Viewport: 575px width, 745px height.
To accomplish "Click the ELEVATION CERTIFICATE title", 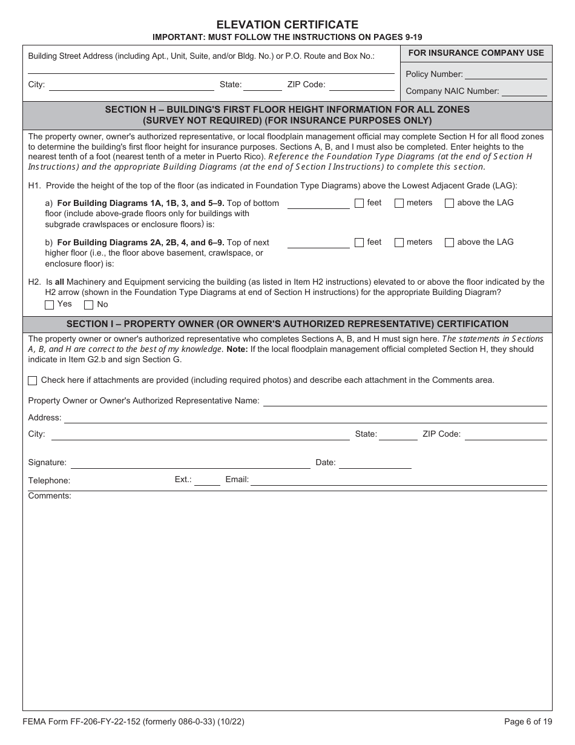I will coord(287,25).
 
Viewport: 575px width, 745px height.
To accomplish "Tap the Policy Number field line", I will coord(506,75).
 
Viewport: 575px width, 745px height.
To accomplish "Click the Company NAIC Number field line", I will coord(524,92).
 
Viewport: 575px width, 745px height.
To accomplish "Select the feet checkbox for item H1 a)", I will coord(359,204).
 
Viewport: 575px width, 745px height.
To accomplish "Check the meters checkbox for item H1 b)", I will coord(399,242).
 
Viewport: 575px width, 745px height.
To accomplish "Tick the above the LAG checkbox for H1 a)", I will coord(449,204).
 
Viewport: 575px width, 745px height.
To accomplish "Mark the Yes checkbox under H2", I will coord(50,305).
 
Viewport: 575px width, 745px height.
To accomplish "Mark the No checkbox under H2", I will coord(88,305).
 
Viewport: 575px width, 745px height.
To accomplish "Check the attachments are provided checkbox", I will coord(33,381).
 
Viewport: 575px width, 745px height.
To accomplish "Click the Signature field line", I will coord(191,463).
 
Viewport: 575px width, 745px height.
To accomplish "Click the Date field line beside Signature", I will coord(375,463).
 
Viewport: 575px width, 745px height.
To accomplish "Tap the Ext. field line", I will coord(208,480).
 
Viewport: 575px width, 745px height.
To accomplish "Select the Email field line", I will coord(399,480).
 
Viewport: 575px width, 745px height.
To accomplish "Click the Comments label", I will coord(50,496).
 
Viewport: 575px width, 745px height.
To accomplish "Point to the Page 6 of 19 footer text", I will coord(528,721).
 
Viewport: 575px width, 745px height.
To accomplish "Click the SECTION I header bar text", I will coord(287,324).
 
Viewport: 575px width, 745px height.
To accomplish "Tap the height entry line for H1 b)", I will coord(318,243).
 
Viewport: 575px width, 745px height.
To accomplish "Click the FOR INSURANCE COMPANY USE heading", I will coord(476,53).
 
